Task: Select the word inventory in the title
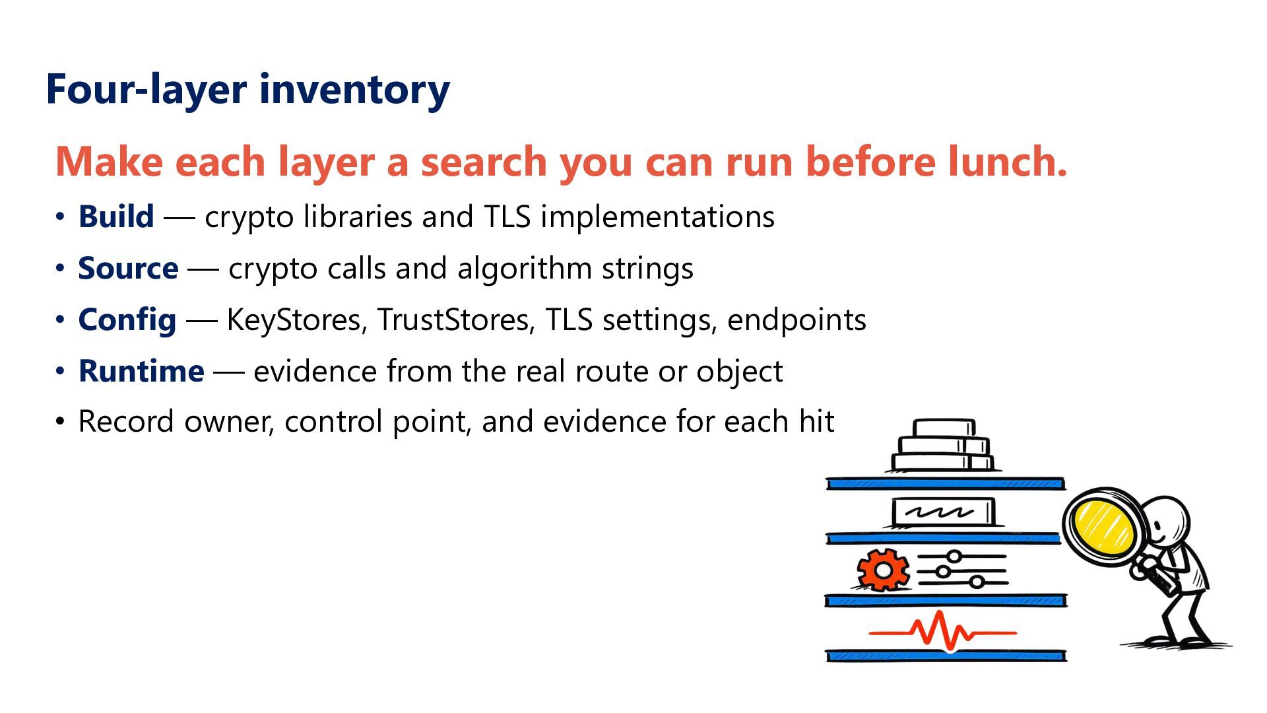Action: (354, 90)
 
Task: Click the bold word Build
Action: (116, 217)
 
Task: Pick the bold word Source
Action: (128, 268)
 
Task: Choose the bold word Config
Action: (127, 320)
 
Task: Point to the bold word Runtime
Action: (141, 371)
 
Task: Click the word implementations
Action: (657, 217)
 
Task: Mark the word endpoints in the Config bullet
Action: (796, 320)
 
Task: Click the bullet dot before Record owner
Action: (60, 421)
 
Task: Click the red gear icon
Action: (883, 570)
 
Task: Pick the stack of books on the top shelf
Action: (943, 445)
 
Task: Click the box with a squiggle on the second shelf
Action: (942, 512)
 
